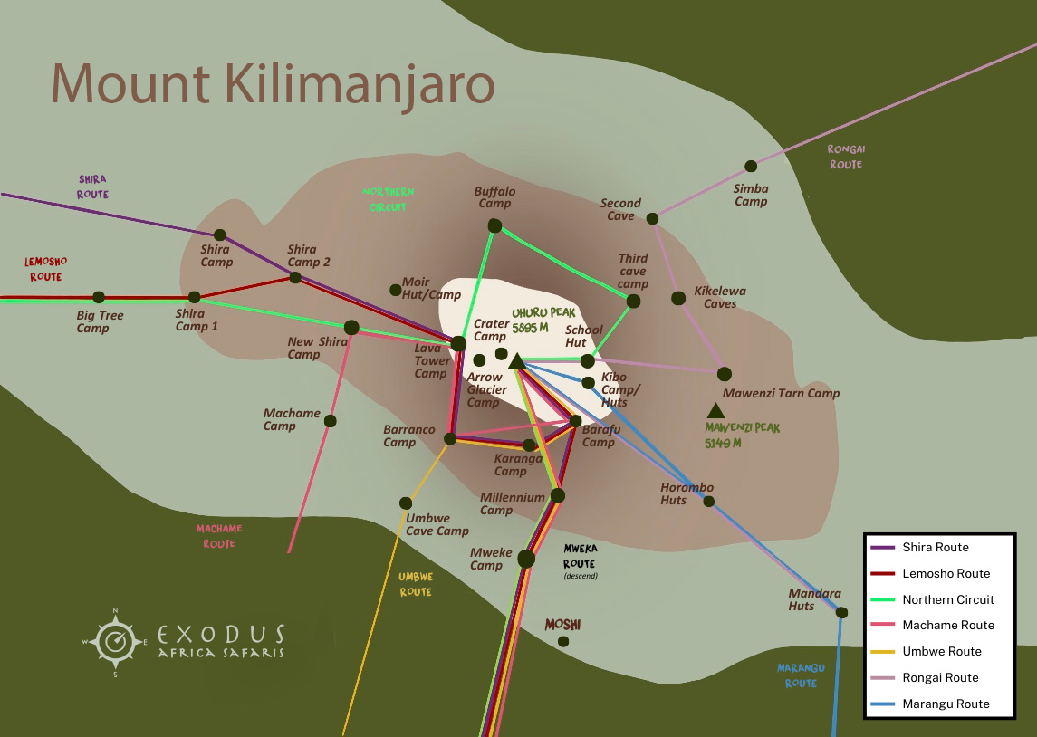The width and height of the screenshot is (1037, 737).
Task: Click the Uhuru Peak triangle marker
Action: click(x=516, y=361)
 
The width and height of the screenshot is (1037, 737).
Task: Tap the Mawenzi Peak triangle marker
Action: click(x=715, y=410)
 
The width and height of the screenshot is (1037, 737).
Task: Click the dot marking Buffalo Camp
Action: click(x=494, y=225)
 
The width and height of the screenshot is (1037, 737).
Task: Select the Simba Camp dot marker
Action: click(x=751, y=166)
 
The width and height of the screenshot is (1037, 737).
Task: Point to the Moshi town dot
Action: click(x=563, y=641)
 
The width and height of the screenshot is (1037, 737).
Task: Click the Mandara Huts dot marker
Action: click(x=841, y=613)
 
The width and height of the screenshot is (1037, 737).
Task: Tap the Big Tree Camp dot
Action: click(x=99, y=297)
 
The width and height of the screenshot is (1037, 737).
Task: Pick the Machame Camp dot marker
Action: click(x=330, y=421)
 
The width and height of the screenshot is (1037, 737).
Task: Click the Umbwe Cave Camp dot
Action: click(x=406, y=503)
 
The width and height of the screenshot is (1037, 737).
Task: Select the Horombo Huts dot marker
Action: click(x=709, y=501)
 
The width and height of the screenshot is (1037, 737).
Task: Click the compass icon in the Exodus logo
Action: click(x=115, y=642)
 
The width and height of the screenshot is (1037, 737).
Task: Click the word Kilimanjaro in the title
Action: click(x=357, y=84)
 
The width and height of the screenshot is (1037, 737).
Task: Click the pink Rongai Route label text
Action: click(x=845, y=157)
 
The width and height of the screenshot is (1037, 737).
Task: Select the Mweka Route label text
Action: click(x=579, y=556)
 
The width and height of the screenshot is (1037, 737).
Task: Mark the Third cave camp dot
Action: click(x=633, y=301)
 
